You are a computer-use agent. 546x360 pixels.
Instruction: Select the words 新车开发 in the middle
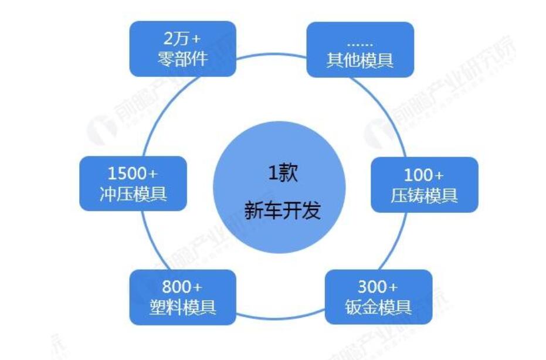(x=283, y=210)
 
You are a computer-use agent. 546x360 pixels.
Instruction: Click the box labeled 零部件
(x=182, y=49)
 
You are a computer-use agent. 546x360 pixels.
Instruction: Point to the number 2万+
(x=182, y=39)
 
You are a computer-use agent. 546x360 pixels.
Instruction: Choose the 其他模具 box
(x=360, y=50)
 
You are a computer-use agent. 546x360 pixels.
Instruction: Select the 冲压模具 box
(x=133, y=184)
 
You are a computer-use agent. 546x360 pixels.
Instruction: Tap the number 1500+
(x=133, y=174)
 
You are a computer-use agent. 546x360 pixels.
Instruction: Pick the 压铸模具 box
(x=424, y=184)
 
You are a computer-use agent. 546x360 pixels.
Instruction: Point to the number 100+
(x=424, y=175)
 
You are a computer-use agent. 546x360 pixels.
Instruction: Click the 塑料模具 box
(x=182, y=297)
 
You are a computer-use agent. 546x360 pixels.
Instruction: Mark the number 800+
(x=182, y=287)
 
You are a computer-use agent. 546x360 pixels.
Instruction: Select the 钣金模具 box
(x=378, y=297)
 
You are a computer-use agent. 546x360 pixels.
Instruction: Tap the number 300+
(x=378, y=287)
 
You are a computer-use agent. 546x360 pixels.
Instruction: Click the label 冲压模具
(x=133, y=194)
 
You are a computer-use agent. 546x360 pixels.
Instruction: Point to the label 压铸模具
(x=424, y=195)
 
